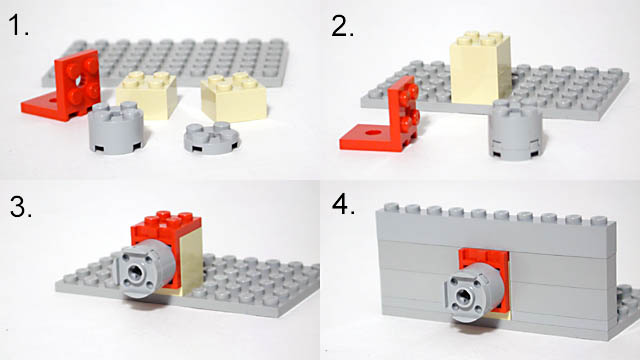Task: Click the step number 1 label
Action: (18, 25)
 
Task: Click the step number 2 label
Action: (342, 27)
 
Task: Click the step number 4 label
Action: (344, 204)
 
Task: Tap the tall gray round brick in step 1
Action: (116, 128)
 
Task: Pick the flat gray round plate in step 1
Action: (211, 138)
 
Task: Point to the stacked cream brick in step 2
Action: (480, 68)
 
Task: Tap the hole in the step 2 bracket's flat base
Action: (372, 132)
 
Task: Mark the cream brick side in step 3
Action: (191, 260)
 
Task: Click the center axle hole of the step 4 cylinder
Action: (464, 294)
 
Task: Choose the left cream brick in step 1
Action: (147, 95)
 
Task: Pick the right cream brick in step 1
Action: (234, 97)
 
